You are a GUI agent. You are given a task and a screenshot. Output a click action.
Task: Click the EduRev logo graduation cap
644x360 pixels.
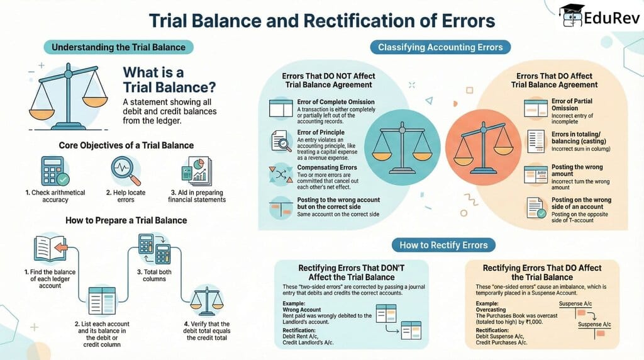pos(571,14)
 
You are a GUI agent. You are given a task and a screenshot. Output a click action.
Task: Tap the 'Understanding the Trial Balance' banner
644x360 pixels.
pos(118,47)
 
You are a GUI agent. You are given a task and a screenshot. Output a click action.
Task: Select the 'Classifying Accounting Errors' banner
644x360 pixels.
pos(440,47)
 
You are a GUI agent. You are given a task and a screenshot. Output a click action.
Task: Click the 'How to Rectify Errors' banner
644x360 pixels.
pos(447,245)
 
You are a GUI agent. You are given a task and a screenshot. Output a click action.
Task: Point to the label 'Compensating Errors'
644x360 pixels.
pos(327,167)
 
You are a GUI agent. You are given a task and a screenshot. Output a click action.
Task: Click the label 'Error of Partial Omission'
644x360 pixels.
pos(572,104)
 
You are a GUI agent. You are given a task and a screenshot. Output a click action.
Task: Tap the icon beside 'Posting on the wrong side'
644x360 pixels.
pos(535,208)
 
